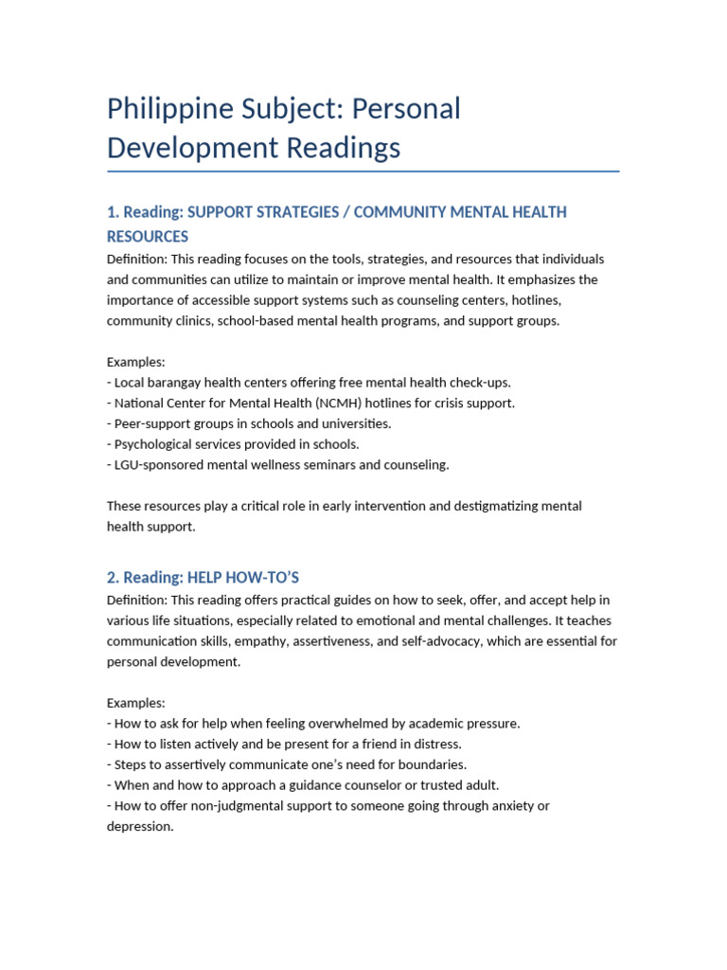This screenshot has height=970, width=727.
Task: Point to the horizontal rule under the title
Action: click(363, 171)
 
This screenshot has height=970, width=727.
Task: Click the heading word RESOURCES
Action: click(148, 237)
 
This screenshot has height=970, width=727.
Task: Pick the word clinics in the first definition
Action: click(192, 321)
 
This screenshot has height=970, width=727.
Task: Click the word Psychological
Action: click(154, 444)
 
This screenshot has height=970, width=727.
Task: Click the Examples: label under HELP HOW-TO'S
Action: click(135, 703)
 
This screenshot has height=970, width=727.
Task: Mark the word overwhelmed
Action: click(337, 724)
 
